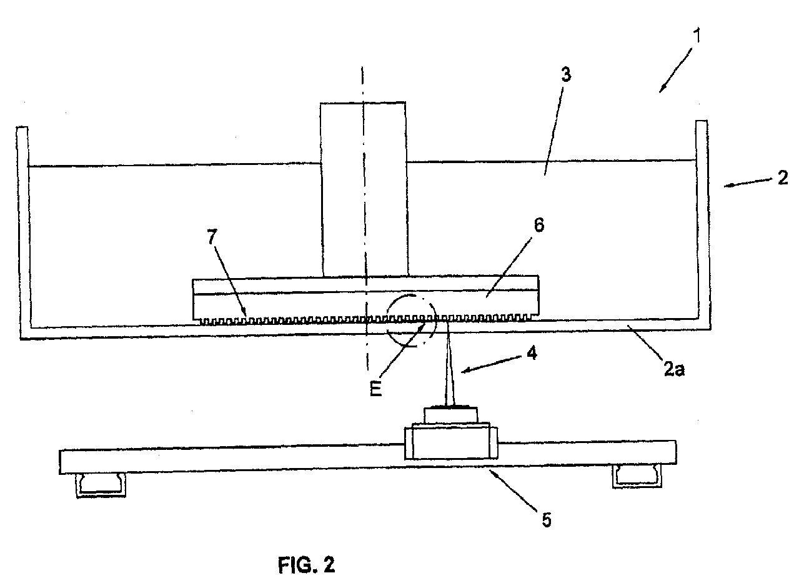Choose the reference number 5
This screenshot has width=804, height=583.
click(547, 521)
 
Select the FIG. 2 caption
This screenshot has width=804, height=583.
click(306, 566)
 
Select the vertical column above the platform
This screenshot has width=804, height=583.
click(363, 187)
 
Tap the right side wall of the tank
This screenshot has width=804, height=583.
click(702, 219)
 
